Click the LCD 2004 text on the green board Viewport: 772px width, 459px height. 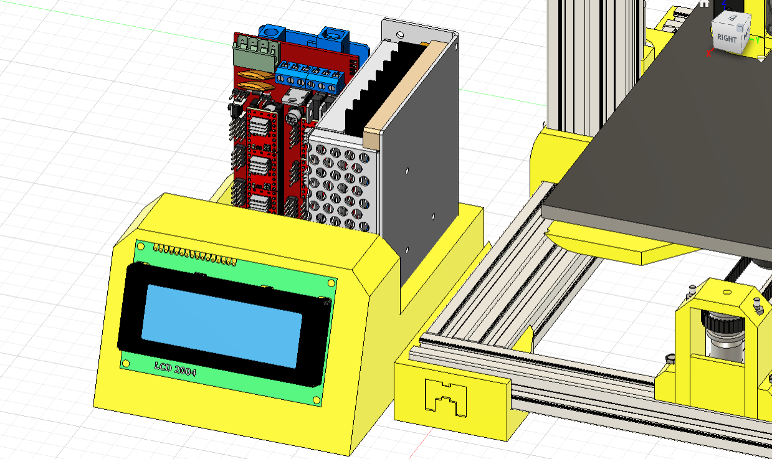coord(175,369)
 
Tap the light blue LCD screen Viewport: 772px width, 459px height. coord(222,326)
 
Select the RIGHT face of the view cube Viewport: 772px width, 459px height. coord(727,38)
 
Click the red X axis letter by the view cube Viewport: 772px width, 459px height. coord(708,54)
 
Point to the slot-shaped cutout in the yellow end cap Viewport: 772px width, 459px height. coord(446,398)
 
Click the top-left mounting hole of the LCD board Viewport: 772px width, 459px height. coord(141,247)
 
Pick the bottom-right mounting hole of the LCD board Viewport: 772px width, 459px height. coord(317,400)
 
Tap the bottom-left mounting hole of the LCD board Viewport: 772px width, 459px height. coord(126,363)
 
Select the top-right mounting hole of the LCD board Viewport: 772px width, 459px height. coord(331,283)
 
